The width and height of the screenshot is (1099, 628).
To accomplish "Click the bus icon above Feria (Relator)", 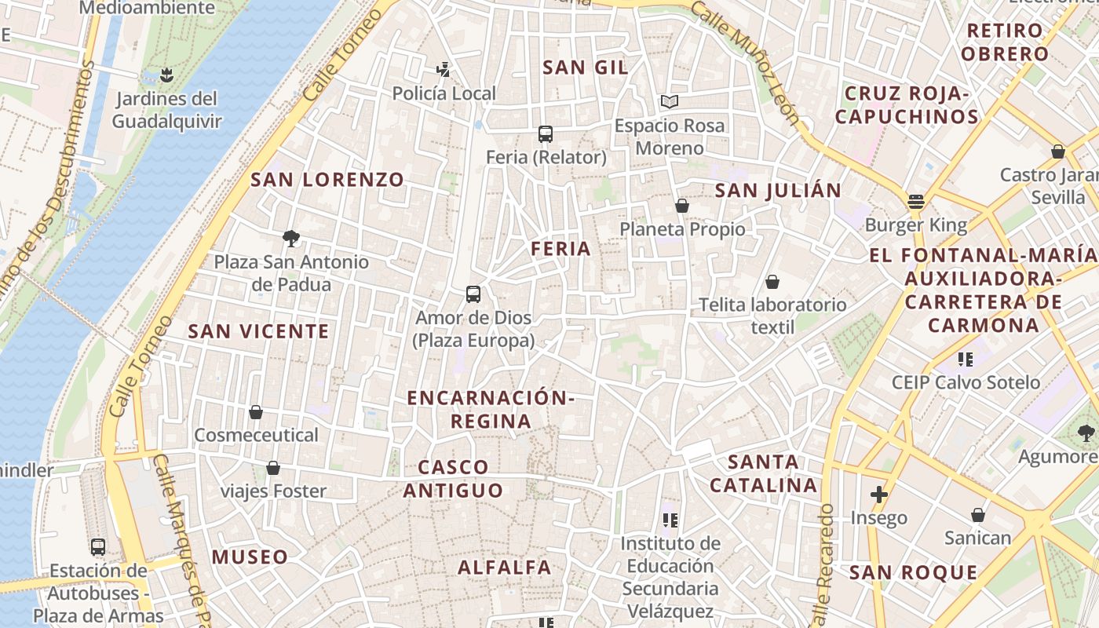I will (x=546, y=133).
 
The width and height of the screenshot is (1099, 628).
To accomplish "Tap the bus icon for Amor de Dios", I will (x=473, y=294).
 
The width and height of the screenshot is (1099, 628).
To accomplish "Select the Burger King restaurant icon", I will (x=916, y=202).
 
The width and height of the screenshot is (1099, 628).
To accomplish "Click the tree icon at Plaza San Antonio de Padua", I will (x=291, y=238).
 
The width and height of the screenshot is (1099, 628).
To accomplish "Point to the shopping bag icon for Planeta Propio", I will (x=682, y=206).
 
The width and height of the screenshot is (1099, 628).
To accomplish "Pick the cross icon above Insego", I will (x=879, y=495).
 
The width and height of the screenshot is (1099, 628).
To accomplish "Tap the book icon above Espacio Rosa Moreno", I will (x=669, y=101).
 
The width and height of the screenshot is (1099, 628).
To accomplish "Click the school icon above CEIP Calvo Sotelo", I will (x=966, y=360).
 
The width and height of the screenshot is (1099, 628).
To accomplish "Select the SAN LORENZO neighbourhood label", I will (x=327, y=180).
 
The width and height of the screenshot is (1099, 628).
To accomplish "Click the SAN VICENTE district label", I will (x=259, y=331).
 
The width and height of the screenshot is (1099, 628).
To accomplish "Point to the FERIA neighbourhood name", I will (x=560, y=249).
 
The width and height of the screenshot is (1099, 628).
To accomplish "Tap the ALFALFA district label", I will (x=505, y=567).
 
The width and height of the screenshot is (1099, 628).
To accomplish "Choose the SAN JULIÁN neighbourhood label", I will (x=778, y=190).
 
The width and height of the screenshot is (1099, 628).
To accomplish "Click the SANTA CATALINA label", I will (x=764, y=473).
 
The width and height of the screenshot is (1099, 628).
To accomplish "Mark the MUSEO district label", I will (x=250, y=557).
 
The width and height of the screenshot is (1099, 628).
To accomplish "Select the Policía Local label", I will (x=444, y=93).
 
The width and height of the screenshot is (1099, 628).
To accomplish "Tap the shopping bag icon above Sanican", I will (x=978, y=515).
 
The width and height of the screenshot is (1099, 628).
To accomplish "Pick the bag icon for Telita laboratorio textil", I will (x=772, y=282).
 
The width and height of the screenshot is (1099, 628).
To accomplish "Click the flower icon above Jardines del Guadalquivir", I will (x=166, y=75).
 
